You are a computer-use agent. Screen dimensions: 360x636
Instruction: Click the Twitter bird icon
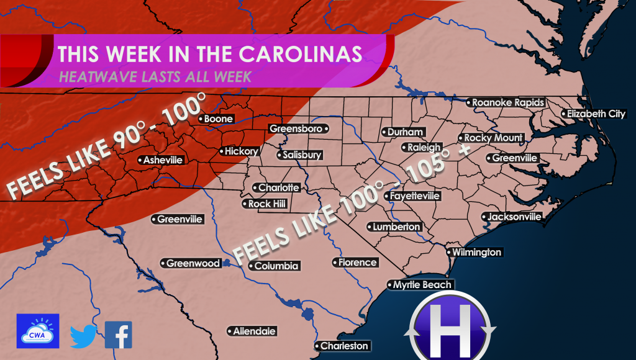[x=83, y=336]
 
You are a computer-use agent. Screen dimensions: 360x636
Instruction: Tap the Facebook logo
[x=118, y=335]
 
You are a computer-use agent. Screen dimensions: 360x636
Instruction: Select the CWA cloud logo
[x=38, y=331]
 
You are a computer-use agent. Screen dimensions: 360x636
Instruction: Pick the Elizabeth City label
[x=593, y=114]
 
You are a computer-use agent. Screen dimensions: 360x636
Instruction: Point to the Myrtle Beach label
[x=420, y=285]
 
